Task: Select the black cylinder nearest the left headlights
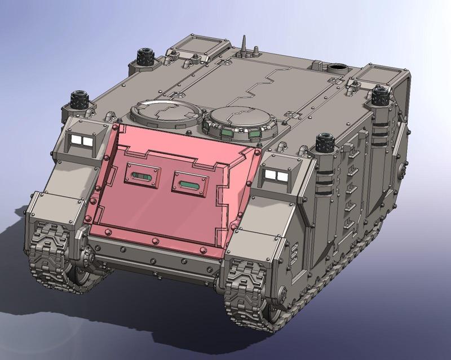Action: tap(80, 102)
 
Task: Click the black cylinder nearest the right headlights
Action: tap(324, 144)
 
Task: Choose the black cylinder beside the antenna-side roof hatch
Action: tap(145, 56)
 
